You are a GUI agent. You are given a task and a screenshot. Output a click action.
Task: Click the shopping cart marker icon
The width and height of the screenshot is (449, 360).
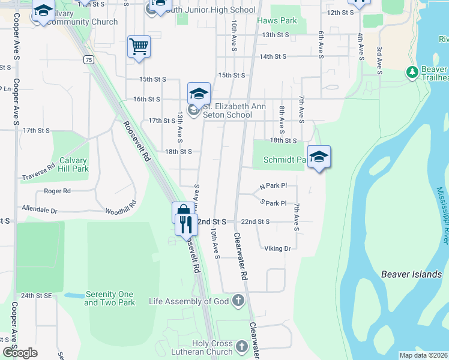coord(139,46)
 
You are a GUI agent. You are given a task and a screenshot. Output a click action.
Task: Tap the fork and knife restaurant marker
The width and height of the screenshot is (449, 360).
coord(186,224)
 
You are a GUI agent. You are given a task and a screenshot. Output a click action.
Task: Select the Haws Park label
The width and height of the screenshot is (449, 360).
coord(277,20)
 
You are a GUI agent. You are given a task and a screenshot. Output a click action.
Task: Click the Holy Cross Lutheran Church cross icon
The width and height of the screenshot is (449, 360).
coord(241,346)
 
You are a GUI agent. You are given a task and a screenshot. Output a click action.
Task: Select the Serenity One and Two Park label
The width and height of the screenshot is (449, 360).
coord(109,298)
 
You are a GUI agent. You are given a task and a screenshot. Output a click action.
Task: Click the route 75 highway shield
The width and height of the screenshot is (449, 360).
coord(89,59)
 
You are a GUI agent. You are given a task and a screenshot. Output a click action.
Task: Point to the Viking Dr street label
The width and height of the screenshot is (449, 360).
coord(277,248)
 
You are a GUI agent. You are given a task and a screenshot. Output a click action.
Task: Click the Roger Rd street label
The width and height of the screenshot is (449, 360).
coord(57,191)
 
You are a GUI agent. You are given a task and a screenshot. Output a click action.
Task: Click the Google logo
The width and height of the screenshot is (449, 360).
coord(20,353)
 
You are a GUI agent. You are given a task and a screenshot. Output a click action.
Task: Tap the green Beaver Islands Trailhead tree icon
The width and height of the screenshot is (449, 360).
coord(412,73)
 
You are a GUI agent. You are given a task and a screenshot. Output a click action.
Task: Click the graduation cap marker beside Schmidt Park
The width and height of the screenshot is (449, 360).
coord(319,157)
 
